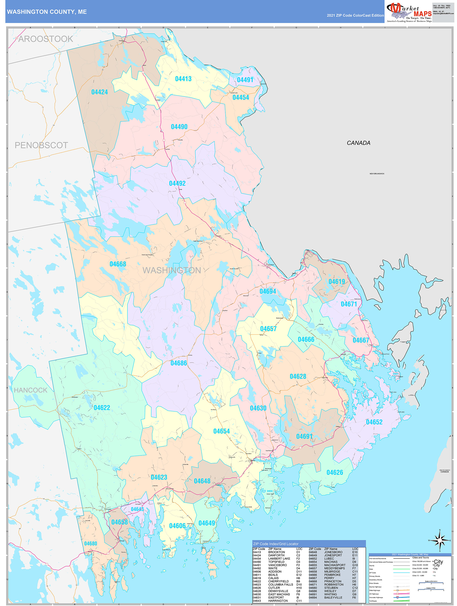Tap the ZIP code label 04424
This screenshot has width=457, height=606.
coord(100,92)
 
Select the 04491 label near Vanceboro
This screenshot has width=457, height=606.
coord(245,80)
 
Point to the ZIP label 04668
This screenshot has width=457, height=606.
coord(118,264)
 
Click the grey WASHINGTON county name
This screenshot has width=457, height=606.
coord(172,270)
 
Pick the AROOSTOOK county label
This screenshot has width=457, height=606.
coord(45,39)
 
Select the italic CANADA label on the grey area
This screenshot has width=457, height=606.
coord(358,143)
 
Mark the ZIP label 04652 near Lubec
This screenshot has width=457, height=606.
coord(374,422)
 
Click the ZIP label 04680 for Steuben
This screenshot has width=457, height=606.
coord(90,544)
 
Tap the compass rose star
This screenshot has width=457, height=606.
coord(440,541)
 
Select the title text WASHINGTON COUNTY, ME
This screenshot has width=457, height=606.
coord(47,12)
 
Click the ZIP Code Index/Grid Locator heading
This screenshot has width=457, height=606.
coord(276,544)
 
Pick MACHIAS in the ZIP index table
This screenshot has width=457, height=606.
coord(331,562)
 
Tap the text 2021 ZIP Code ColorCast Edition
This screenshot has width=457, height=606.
coord(355,15)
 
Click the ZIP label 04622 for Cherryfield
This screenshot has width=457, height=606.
coord(102,408)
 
